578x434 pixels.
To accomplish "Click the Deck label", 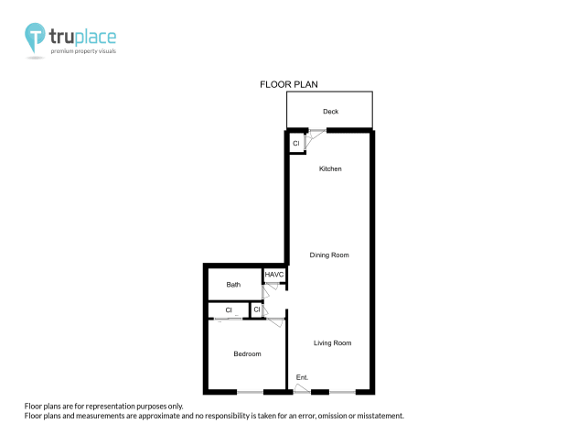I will tap(330, 112).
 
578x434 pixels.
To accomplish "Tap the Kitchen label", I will tap(330, 169).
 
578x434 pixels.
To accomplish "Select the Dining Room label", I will tap(329, 255).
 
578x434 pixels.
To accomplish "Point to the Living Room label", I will tap(333, 343).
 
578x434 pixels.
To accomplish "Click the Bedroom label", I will tap(247, 354).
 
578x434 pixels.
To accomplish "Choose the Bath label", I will tap(233, 285).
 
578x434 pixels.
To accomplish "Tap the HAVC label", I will tap(274, 275).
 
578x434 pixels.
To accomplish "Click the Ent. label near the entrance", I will tap(303, 377).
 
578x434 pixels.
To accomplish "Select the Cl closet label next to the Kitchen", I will tap(296, 144).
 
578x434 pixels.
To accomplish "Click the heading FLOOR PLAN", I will tap(288, 83).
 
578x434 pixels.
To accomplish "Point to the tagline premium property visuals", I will tap(82, 51).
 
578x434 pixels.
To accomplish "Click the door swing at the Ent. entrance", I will tap(302, 388).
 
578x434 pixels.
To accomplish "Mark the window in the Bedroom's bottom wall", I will tap(251, 393).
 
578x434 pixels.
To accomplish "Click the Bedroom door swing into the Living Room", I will tap(274, 315).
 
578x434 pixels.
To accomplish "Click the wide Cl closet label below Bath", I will tap(229, 310).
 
